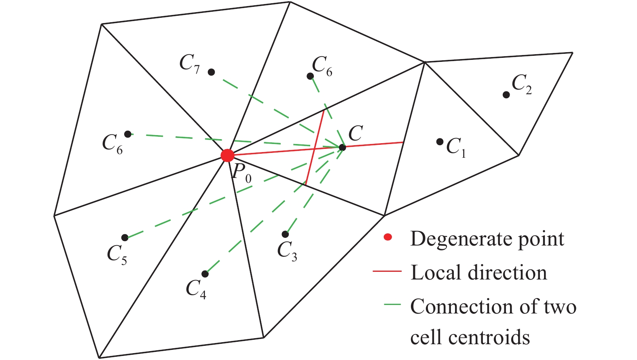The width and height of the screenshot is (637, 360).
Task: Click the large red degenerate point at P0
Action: (x=227, y=155)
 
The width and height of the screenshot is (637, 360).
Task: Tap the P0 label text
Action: (x=241, y=173)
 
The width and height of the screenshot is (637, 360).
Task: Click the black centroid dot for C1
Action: (x=440, y=142)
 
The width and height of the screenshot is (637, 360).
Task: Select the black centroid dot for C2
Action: (x=506, y=95)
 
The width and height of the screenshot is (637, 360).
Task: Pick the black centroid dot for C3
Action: (x=285, y=234)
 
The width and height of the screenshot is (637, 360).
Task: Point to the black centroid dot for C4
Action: (x=205, y=274)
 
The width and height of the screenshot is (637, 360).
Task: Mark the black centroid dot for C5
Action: (x=125, y=237)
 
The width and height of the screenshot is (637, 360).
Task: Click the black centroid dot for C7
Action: (x=211, y=72)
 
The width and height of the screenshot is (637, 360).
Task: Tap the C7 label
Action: (x=189, y=64)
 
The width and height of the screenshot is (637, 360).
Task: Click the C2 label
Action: (x=521, y=84)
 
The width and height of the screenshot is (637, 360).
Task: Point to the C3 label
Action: (x=287, y=251)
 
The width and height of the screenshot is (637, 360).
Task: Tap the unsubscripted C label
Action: (x=356, y=133)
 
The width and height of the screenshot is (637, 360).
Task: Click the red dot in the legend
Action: (x=388, y=237)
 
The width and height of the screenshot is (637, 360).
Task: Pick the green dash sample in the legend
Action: (x=392, y=304)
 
